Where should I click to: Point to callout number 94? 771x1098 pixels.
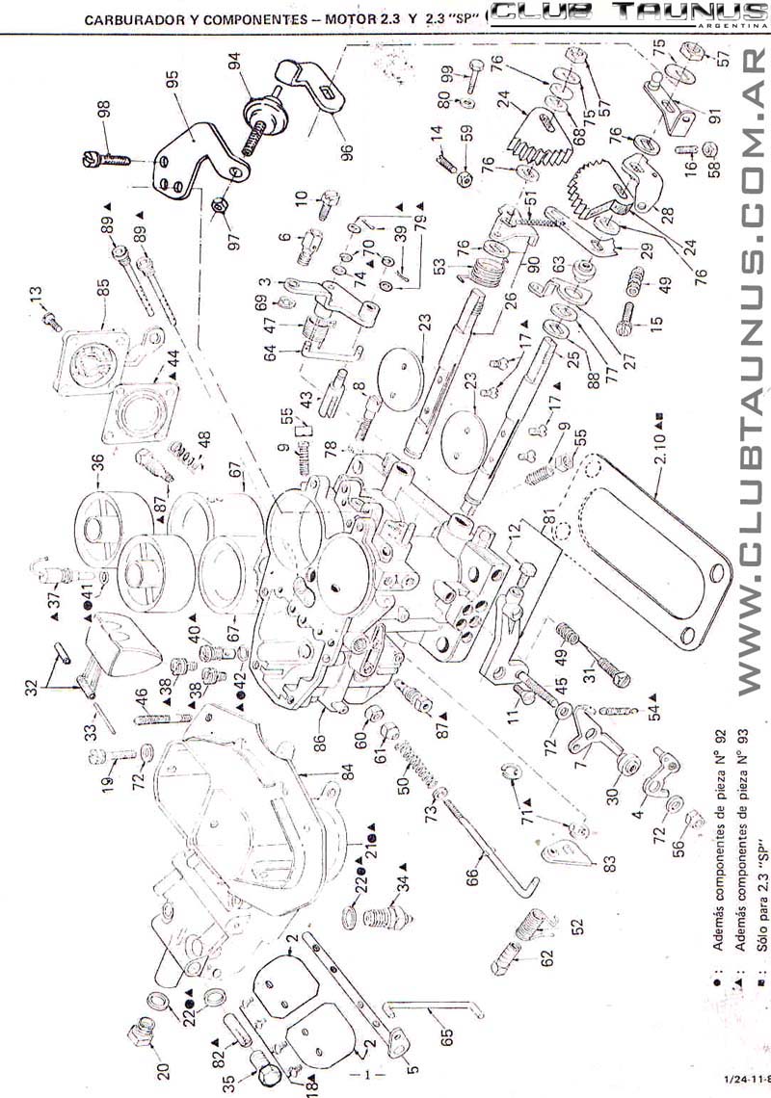tap(233, 63)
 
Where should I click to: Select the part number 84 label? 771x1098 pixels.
tap(347, 771)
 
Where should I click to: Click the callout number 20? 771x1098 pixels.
tap(163, 1043)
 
